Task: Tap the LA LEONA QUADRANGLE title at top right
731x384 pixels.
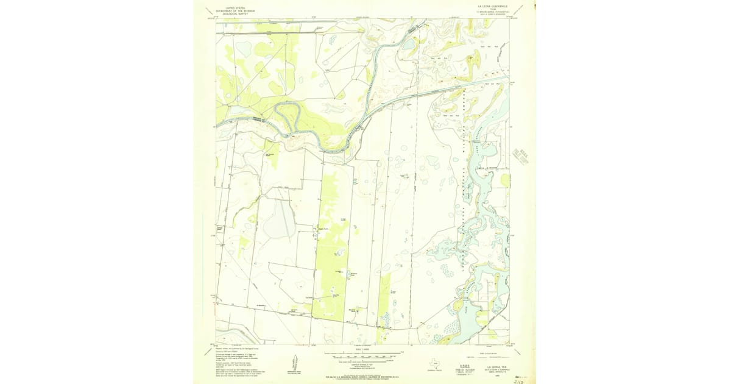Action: [x=492, y=7]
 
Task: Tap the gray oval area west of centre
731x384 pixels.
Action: [x=280, y=219]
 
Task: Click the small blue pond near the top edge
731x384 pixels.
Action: [x=406, y=44]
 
